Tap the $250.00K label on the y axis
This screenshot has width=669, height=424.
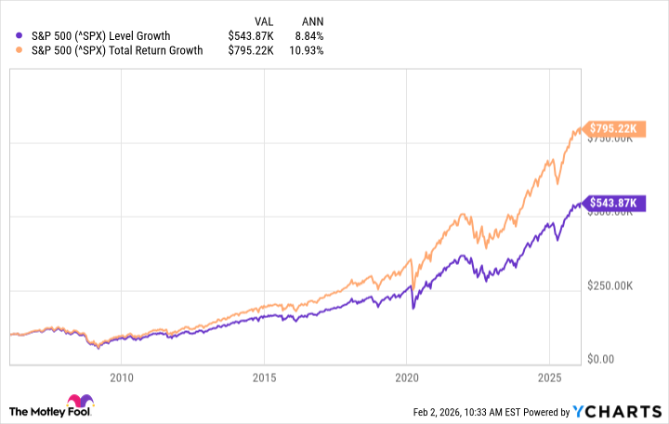614,286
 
